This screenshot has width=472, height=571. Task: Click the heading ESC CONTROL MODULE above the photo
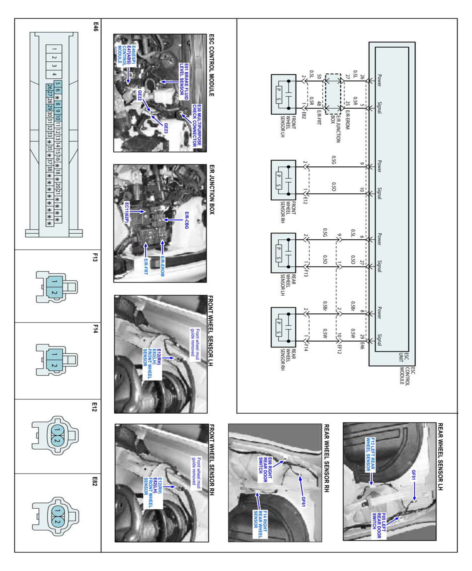(211, 65)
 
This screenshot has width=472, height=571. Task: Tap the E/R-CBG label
(186, 220)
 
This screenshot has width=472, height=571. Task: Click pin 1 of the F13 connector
(54, 281)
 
